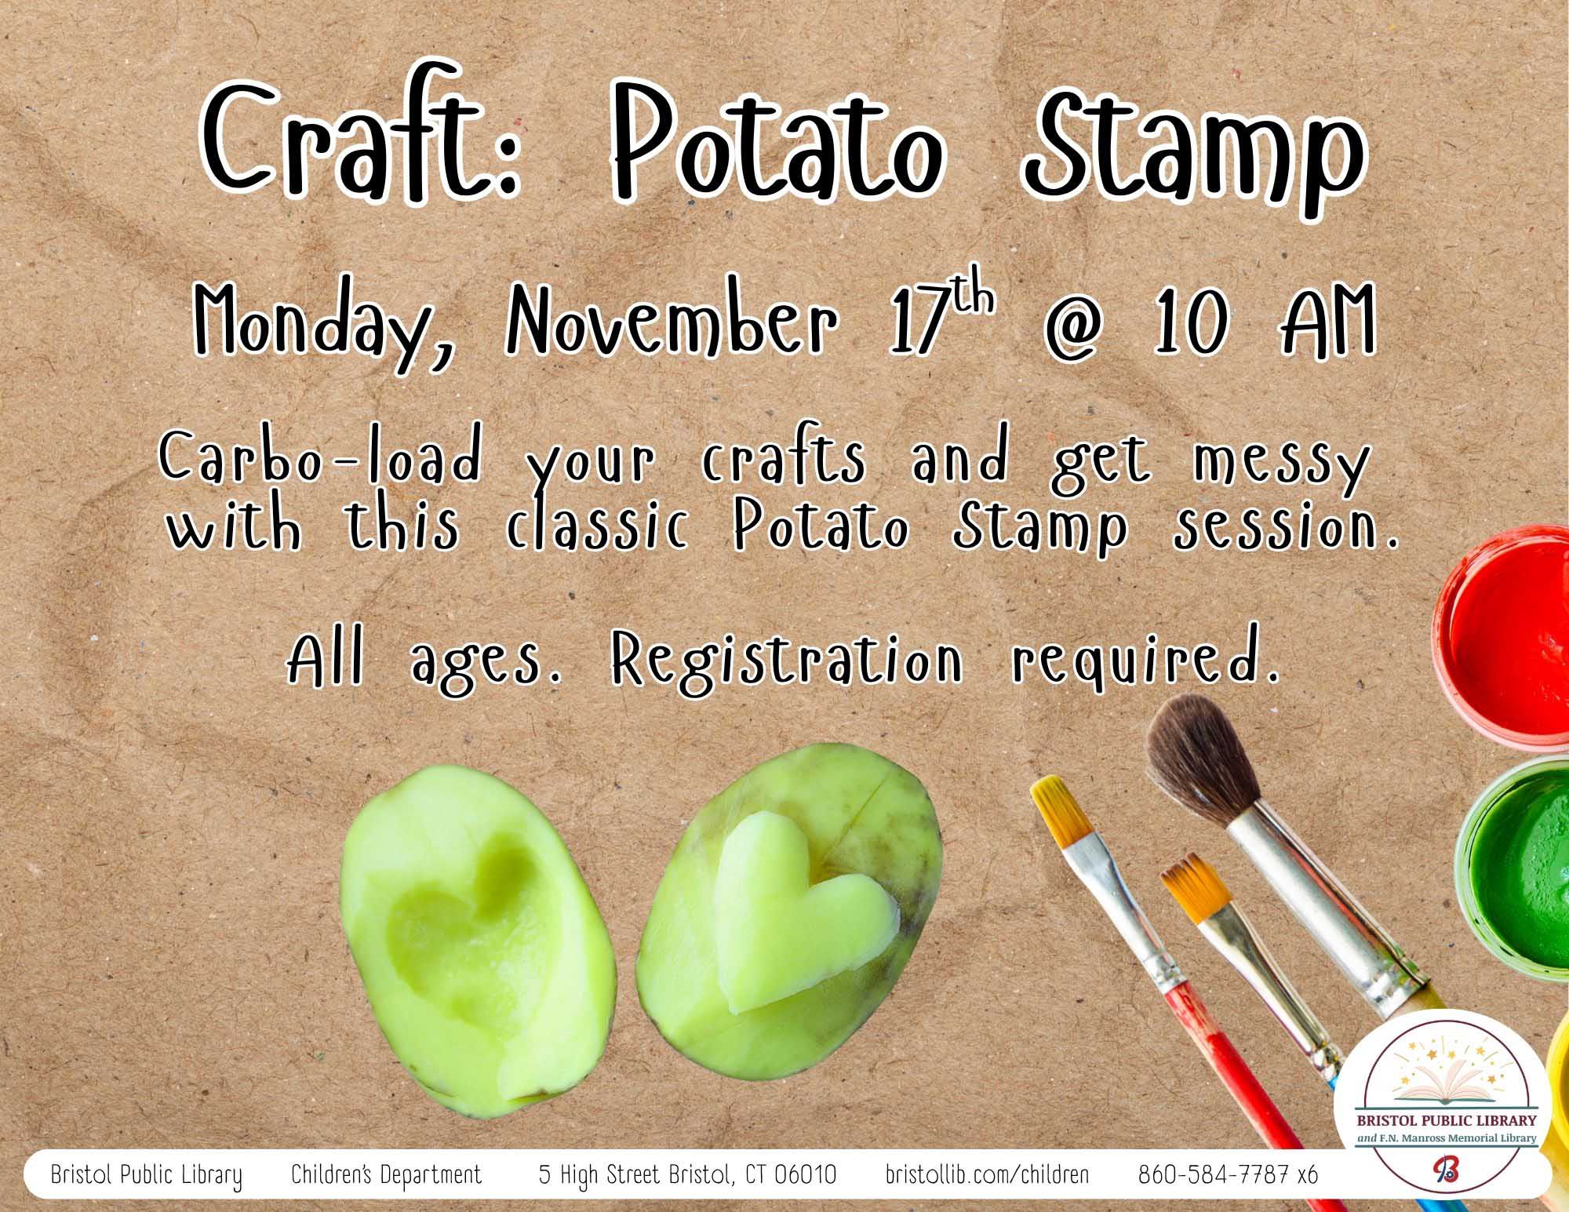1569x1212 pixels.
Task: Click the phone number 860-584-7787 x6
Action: click(x=1228, y=1175)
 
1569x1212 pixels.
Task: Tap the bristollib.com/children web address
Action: click(x=987, y=1175)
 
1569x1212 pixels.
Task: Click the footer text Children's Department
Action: click(x=386, y=1175)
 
